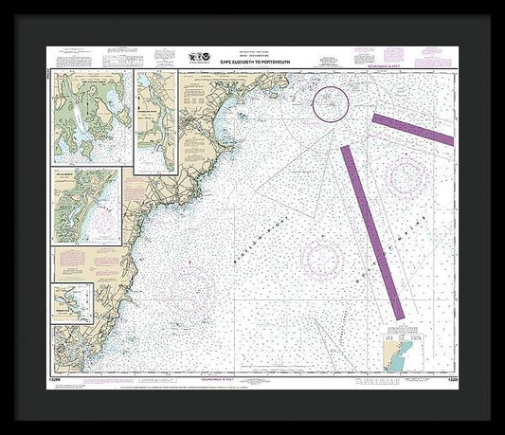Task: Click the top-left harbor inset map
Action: coord(94,117)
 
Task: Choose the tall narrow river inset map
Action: coord(156,120)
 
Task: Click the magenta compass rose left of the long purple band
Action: coord(318,254)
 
